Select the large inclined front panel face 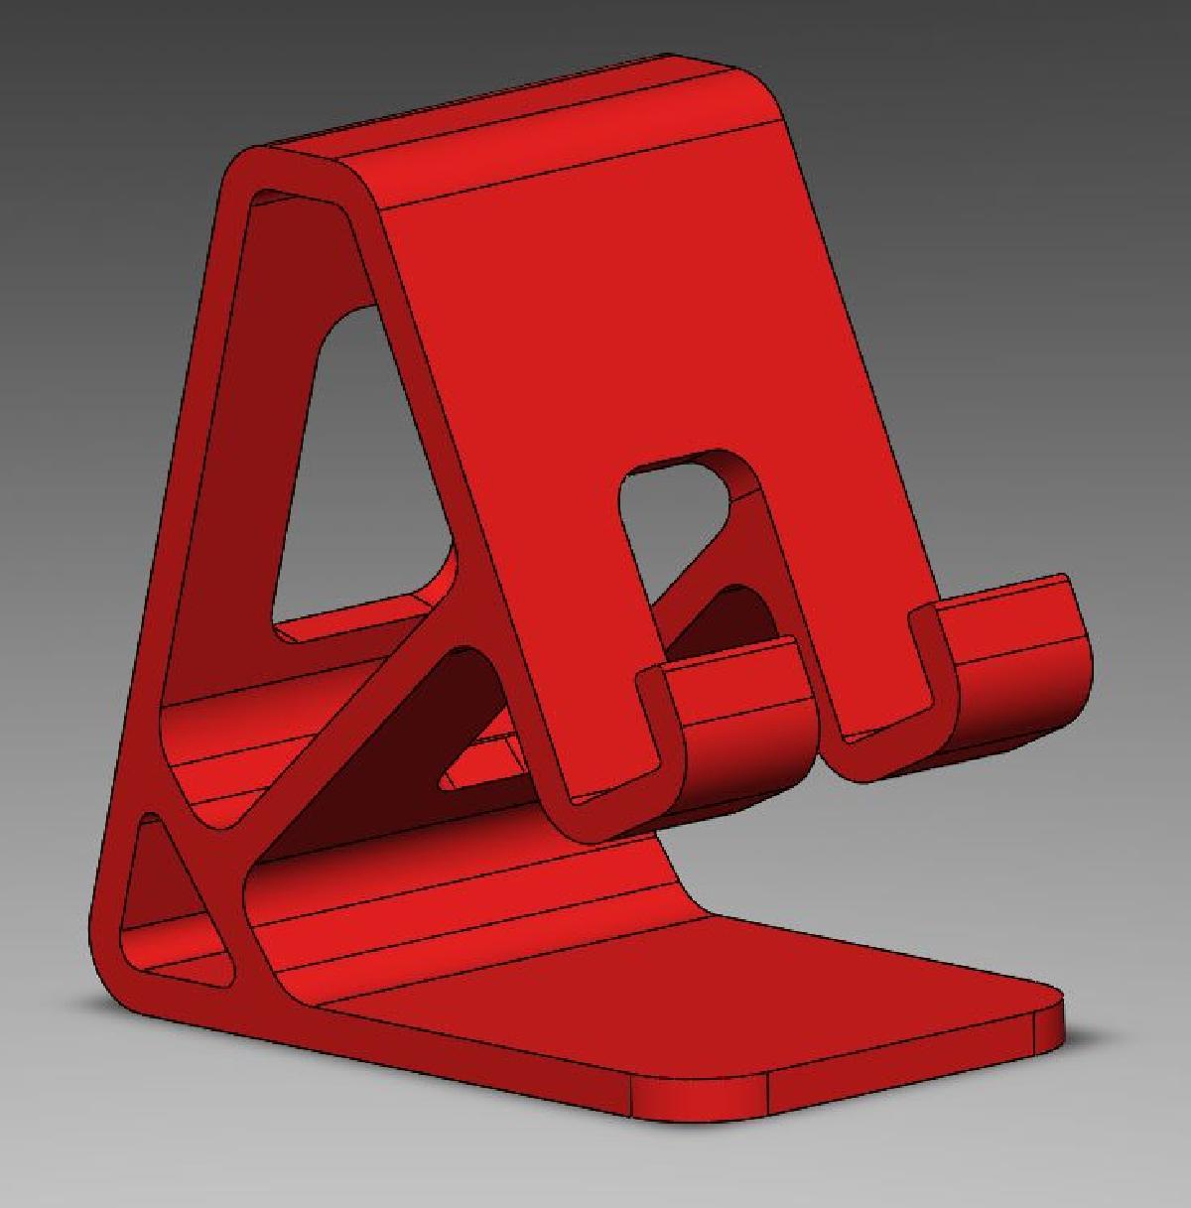tap(615, 328)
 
